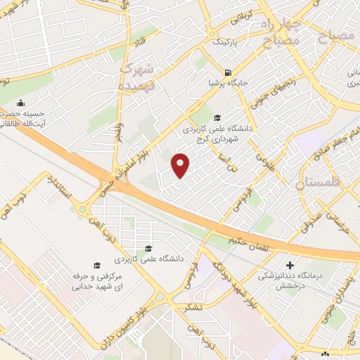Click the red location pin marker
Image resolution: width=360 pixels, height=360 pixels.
[x=181, y=165]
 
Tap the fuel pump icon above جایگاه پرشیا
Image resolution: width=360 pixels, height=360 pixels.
[x=227, y=72]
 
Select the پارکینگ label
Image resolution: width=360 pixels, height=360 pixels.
[x=226, y=41]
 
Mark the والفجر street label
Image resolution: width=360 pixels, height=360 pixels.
[x=120, y=134]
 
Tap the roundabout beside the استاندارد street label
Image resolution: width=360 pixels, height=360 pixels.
[x=83, y=210]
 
